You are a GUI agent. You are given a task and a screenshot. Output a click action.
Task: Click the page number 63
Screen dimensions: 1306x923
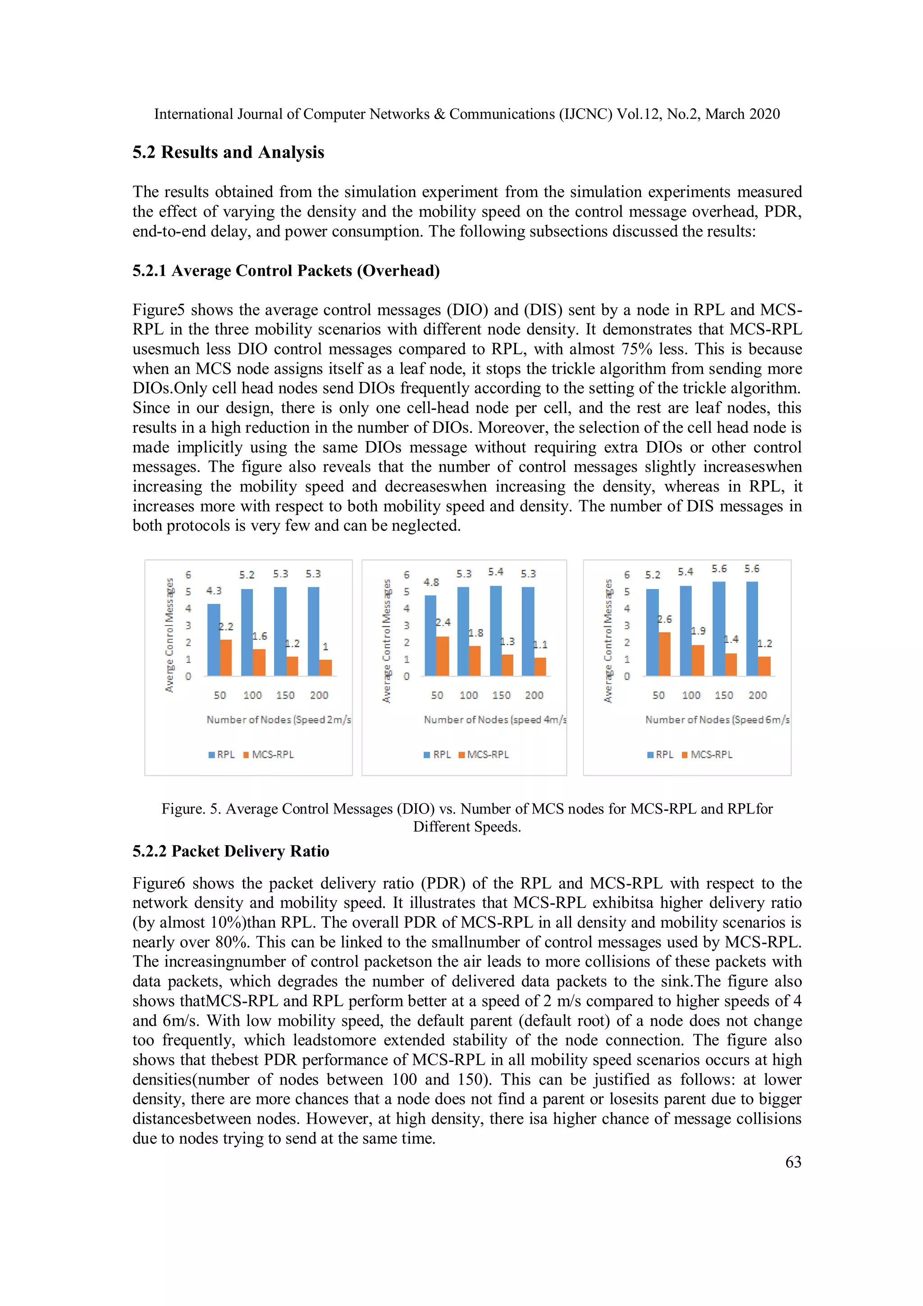coord(793,1162)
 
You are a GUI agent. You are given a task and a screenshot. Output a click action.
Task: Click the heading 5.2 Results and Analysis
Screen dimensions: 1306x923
coord(228,152)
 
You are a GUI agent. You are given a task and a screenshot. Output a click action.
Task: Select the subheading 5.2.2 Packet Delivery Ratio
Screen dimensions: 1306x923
coord(231,851)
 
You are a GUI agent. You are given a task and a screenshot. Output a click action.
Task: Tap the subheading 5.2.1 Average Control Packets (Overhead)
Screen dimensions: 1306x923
coord(286,270)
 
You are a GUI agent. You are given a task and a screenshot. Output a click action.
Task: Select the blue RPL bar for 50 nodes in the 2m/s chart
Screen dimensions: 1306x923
coord(214,640)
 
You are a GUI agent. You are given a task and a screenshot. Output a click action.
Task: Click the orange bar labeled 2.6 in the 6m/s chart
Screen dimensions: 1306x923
coord(664,654)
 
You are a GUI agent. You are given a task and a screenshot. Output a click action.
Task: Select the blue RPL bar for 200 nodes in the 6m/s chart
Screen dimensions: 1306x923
coord(751,629)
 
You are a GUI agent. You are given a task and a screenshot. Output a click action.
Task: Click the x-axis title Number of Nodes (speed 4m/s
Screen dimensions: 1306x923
coord(495,720)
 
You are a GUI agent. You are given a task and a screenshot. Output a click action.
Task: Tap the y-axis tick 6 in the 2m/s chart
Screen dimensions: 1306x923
coord(188,575)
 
